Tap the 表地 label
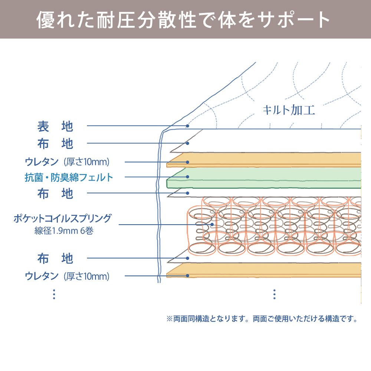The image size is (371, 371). [55, 127]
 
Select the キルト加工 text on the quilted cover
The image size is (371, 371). [289, 110]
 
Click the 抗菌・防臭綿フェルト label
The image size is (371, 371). [69, 177]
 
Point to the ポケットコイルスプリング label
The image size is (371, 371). [62, 219]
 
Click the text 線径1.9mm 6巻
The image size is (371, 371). [63, 231]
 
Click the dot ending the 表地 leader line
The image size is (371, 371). [188, 126]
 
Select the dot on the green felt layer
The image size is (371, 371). [188, 177]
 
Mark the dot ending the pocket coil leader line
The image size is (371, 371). [212, 224]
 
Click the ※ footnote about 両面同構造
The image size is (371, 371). [262, 319]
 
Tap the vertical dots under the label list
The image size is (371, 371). [54, 294]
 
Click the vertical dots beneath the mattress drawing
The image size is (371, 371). [274, 294]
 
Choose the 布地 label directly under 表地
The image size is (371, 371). [55, 144]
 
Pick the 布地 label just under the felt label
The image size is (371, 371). [55, 193]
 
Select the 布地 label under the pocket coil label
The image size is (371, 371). [55, 259]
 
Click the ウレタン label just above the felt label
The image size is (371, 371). [67, 162]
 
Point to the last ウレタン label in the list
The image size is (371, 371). [67, 276]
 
